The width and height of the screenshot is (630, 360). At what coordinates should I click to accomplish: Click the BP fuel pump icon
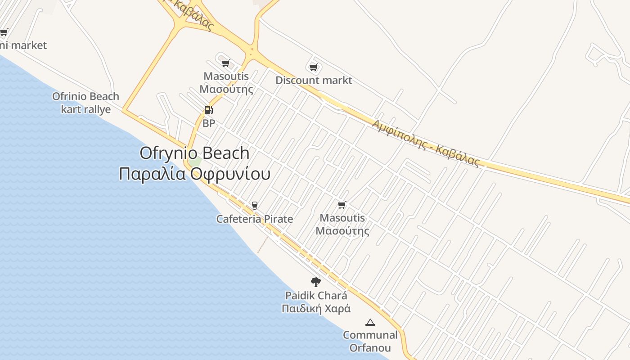point(208,110)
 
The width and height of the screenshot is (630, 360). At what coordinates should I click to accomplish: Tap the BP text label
point(209,123)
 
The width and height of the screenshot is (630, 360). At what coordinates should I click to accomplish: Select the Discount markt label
point(314,81)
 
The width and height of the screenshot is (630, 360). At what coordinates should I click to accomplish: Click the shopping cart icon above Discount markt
point(314,67)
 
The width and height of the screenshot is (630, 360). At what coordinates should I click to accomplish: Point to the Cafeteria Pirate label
point(255,219)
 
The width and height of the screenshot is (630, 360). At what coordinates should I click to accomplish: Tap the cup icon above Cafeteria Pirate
point(255,206)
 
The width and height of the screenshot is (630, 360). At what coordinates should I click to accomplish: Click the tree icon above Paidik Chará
point(316,282)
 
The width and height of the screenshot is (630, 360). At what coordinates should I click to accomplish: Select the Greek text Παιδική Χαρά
point(316,309)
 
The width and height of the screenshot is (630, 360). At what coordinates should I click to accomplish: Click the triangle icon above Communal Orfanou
point(370,322)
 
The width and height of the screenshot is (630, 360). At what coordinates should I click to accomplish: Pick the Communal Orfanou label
point(370,342)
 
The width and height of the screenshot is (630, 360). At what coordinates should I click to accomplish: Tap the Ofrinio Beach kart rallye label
point(85,103)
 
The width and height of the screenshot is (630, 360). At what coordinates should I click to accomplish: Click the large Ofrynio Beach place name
point(194,153)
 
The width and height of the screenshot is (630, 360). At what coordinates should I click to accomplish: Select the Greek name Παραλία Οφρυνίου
point(194,174)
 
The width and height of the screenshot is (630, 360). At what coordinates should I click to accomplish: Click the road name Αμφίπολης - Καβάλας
point(425,143)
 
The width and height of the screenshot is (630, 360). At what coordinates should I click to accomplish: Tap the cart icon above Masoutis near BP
point(226,63)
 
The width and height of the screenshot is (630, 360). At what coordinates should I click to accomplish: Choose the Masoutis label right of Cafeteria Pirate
point(342,225)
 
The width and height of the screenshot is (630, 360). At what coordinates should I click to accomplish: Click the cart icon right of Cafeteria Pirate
point(342,205)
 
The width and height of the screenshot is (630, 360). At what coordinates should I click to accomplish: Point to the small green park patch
point(195,161)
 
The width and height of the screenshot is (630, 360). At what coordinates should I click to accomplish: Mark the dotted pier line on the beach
point(263,245)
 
